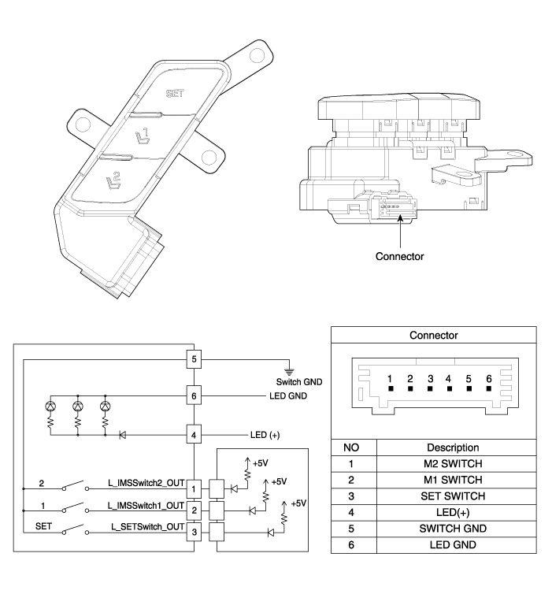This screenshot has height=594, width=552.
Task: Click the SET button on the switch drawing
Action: point(172,94)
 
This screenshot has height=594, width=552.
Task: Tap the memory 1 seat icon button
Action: point(143,139)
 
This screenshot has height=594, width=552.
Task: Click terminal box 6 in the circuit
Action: point(194,393)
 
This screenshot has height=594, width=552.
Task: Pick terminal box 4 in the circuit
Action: point(194,434)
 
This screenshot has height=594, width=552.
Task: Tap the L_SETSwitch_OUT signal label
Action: point(139,526)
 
